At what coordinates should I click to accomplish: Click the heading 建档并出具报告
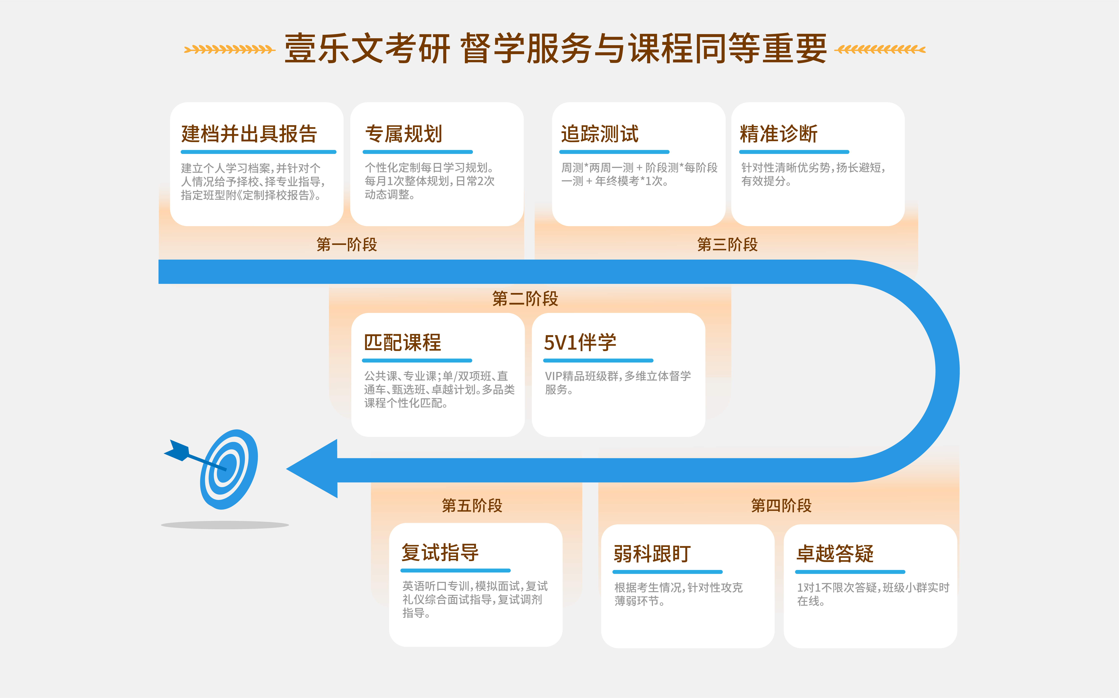[249, 134]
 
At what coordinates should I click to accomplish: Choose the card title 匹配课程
[402, 343]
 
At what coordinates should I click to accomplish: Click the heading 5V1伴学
[580, 343]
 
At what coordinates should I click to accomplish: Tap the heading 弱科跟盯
[652, 554]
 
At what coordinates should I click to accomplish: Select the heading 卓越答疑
[835, 554]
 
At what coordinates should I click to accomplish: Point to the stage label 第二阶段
[525, 299]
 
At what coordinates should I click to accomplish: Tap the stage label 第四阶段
[781, 505]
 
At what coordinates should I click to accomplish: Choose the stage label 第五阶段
[472, 505]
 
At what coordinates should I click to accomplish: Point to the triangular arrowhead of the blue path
[312, 469]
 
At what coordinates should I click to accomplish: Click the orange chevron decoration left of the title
[229, 49]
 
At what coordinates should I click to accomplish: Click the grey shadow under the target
[225, 525]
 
